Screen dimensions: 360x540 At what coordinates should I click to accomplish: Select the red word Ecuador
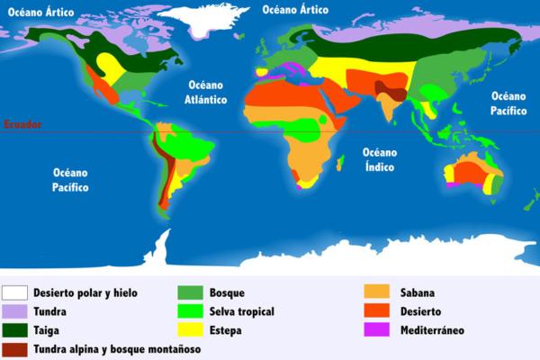point(22,124)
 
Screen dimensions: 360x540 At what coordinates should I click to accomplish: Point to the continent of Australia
point(469,173)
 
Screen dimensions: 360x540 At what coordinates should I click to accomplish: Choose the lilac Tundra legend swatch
point(14,311)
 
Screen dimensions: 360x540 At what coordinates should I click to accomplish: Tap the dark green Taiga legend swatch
point(14,329)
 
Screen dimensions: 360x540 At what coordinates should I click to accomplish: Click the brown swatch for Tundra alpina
point(14,347)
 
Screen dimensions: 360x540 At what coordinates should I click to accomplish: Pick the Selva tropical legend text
point(241,311)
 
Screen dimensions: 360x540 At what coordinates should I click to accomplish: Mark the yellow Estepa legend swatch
point(189,329)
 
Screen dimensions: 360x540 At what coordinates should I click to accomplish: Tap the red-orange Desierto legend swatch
point(376,311)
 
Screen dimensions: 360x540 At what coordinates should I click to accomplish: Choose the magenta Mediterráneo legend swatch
point(376,329)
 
